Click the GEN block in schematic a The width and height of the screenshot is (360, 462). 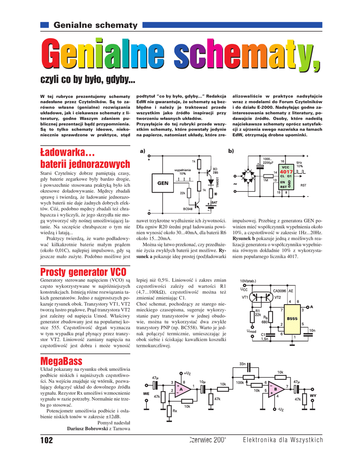point(162,184)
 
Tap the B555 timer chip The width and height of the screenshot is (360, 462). point(292,319)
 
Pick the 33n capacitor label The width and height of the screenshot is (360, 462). point(242,364)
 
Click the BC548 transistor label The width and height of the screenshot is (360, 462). point(188,209)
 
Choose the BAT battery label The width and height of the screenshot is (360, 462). point(214,203)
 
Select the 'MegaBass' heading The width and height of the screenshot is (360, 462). point(61,360)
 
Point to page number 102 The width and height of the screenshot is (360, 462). point(46,440)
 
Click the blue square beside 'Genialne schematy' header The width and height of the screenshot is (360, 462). point(45,24)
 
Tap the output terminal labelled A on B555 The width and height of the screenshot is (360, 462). point(311,307)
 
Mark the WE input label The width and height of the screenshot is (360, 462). point(146,393)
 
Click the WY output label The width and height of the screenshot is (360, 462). point(313,395)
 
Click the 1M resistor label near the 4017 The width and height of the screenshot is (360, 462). point(266,180)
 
